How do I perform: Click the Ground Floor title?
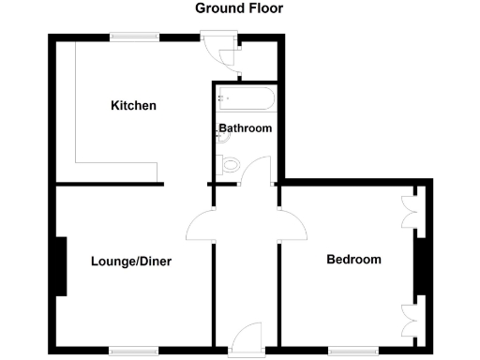click(239, 8)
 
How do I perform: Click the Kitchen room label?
click(133, 105)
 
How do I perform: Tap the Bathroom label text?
click(246, 128)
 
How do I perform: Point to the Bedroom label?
click(353, 260)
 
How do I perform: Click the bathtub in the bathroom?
click(246, 98)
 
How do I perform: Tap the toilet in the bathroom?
click(232, 166)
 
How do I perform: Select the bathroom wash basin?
click(221, 136)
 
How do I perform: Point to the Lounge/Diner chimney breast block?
click(61, 267)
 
